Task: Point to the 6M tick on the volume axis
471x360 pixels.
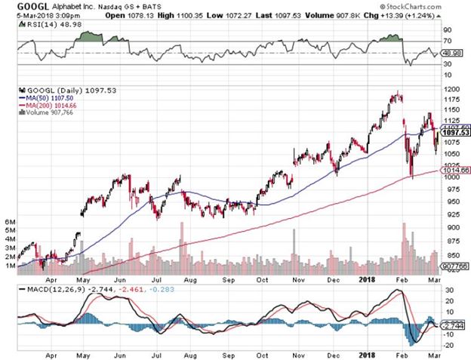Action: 11,222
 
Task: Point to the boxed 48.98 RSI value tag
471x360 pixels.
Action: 452,54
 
